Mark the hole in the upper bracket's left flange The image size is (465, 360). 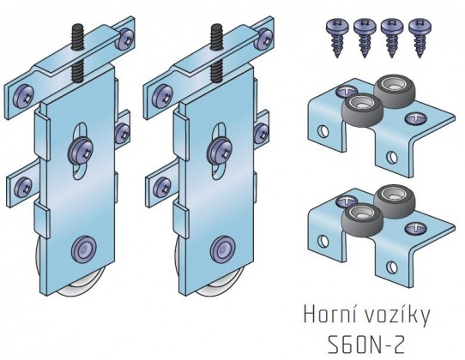click(323, 131)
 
